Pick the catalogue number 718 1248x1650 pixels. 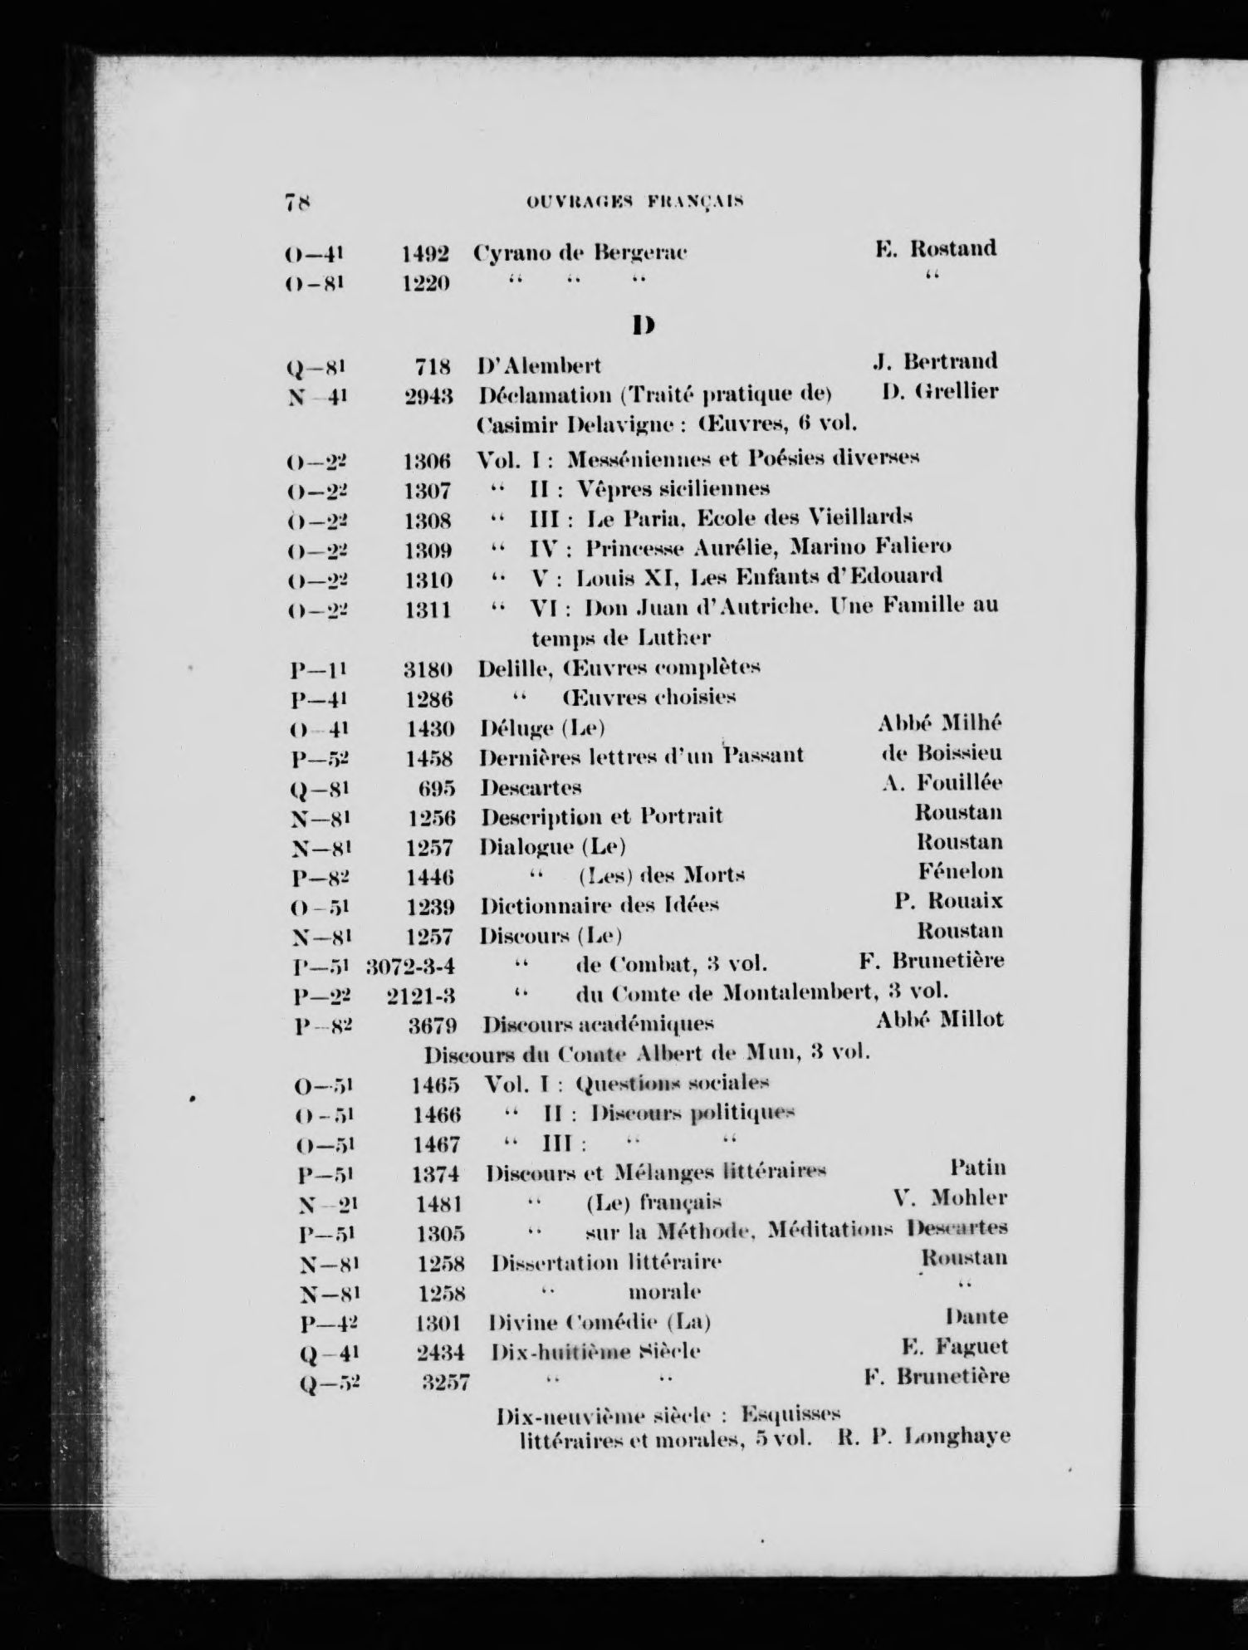(x=433, y=365)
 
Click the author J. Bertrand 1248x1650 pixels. (x=935, y=361)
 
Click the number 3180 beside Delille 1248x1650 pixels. (x=428, y=668)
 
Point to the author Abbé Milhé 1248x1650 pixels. (x=940, y=723)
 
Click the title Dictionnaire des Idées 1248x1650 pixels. (x=600, y=904)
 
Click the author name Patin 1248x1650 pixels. (x=978, y=1168)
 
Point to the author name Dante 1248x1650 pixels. (x=976, y=1316)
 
